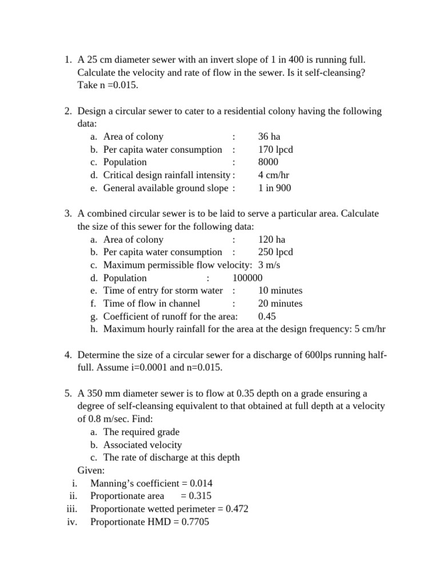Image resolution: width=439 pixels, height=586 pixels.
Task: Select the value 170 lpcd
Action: [276, 149]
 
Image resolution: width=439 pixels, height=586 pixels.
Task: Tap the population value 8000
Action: [269, 162]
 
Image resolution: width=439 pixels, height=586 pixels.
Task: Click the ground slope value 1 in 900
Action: [274, 188]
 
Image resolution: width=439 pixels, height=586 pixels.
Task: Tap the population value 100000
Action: [248, 278]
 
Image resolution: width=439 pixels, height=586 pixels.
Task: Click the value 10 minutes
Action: [280, 291]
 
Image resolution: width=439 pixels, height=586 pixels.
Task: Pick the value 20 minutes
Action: [280, 303]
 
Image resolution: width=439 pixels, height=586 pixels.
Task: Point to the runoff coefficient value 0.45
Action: [268, 316]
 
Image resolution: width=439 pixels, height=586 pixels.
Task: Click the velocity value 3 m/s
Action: [269, 265]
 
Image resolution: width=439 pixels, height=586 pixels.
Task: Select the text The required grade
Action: [141, 432]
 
